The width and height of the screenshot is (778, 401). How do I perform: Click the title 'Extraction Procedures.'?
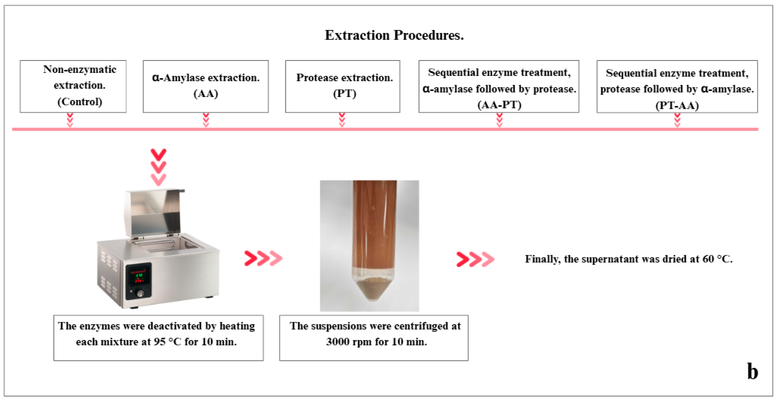tap(394, 35)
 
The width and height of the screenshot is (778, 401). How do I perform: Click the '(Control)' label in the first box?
tap(80, 102)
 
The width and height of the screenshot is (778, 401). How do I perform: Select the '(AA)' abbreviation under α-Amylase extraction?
tap(206, 94)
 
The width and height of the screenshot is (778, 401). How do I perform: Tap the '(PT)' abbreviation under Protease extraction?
tap(345, 94)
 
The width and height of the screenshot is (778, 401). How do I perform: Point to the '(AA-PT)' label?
tap(499, 105)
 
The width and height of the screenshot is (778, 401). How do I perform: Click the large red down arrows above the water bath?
tap(159, 167)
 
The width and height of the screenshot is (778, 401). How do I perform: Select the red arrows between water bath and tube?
tap(263, 258)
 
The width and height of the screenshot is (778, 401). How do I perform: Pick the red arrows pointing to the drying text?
tap(475, 259)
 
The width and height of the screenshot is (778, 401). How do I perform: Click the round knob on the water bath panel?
tap(140, 293)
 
